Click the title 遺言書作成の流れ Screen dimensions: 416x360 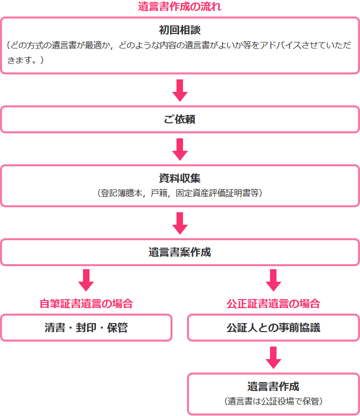(179, 7)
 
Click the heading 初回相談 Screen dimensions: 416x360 (179, 30)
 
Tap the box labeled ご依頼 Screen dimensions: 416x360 (179, 120)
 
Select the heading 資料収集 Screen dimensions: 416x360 (179, 178)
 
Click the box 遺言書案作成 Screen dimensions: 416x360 (179, 252)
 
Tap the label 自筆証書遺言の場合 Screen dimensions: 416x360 (86, 304)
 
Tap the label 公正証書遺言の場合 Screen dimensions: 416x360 (273, 304)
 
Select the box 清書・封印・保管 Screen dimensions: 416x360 (86, 328)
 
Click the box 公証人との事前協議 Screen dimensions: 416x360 (273, 328)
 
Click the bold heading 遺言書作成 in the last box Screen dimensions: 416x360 (273, 387)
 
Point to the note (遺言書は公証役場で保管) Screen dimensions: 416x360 (273, 401)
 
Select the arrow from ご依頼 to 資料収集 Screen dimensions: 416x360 (179, 149)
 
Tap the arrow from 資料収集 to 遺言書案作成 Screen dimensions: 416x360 (179, 223)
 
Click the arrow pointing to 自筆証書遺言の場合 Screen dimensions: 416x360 (86, 280)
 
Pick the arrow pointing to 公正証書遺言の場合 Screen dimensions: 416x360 (273, 280)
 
